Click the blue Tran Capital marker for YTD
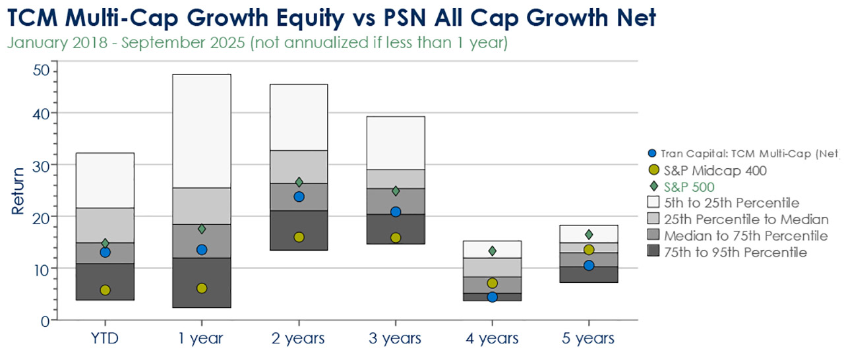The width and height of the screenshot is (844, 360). click(105, 252)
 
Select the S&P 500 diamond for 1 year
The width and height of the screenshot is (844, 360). click(202, 229)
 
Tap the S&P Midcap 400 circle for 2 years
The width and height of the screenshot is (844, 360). click(299, 237)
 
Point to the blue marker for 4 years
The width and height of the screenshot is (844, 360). click(492, 297)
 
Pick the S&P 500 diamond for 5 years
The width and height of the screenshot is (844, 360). click(589, 235)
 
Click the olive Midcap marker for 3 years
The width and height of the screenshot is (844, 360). click(396, 237)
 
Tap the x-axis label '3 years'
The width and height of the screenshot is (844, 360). click(396, 339)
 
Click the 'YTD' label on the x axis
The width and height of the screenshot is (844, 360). click(105, 339)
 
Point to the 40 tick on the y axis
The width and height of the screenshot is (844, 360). click(42, 113)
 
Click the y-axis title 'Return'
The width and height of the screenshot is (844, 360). click(18, 191)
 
